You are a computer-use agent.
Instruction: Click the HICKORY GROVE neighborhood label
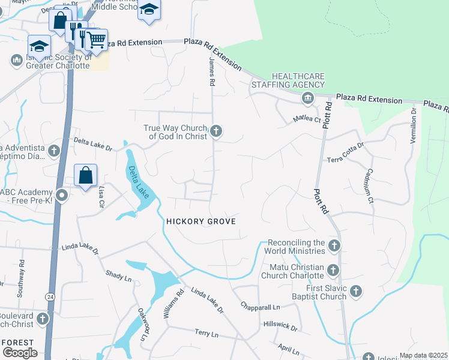(200, 221)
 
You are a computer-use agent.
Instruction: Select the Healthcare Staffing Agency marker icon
(307, 98)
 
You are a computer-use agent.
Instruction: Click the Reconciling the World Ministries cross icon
(334, 245)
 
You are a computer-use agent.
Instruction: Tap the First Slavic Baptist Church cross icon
(356, 292)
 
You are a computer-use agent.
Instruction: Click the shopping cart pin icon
(96, 40)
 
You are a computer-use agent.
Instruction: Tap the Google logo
(20, 352)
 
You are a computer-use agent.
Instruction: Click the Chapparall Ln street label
(260, 307)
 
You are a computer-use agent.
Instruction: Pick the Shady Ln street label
(118, 275)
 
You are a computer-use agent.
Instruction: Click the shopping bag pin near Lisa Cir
(86, 175)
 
